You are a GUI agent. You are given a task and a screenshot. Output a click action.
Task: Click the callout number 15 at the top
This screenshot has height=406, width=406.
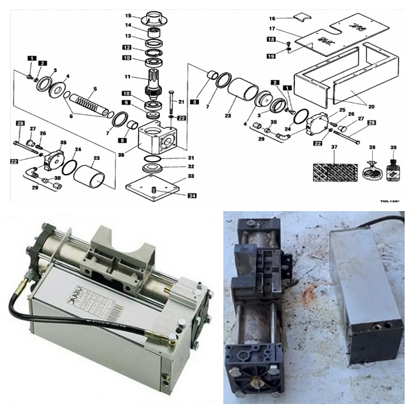(127, 15)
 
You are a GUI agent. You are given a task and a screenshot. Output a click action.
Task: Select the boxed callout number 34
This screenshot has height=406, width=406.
(192, 196)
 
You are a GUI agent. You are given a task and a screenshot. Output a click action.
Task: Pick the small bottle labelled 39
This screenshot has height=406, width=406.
(393, 171)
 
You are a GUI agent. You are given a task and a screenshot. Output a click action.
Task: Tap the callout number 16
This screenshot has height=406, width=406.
(272, 18)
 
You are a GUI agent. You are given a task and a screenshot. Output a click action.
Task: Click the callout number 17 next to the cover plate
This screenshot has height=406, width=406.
(272, 29)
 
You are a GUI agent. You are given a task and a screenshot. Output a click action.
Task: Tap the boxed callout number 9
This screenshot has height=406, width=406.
(127, 102)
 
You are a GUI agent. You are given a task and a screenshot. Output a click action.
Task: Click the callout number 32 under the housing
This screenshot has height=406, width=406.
(191, 166)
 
